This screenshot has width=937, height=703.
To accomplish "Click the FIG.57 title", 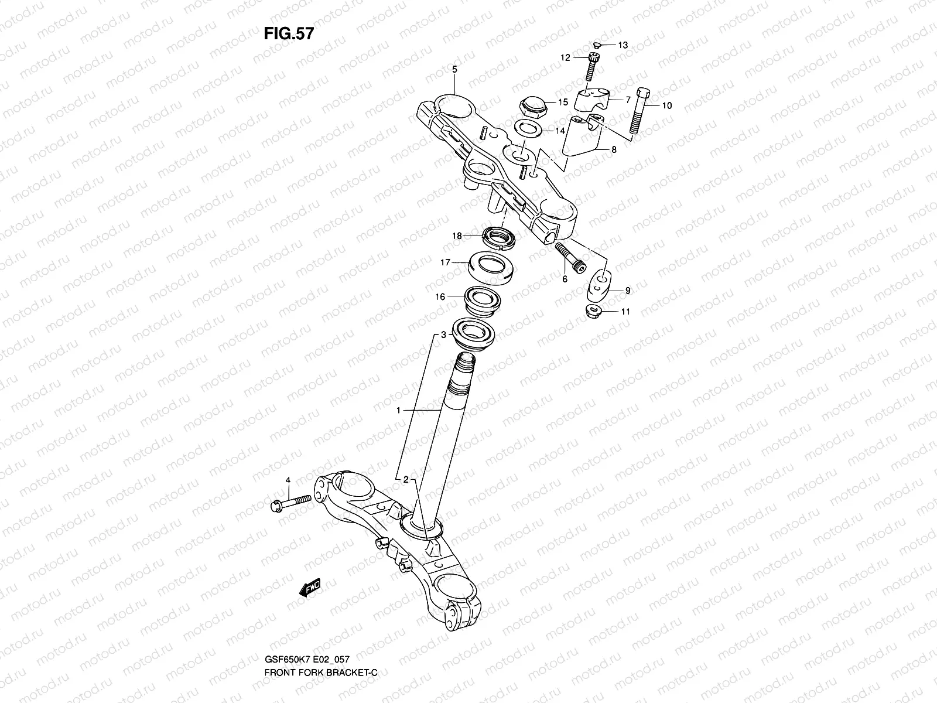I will tap(289, 33).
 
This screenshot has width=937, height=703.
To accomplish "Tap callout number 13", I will tap(623, 45).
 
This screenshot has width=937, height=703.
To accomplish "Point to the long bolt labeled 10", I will tap(640, 111).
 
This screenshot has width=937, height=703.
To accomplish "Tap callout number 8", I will tap(614, 150).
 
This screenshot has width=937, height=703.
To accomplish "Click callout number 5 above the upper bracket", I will tap(454, 69).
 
